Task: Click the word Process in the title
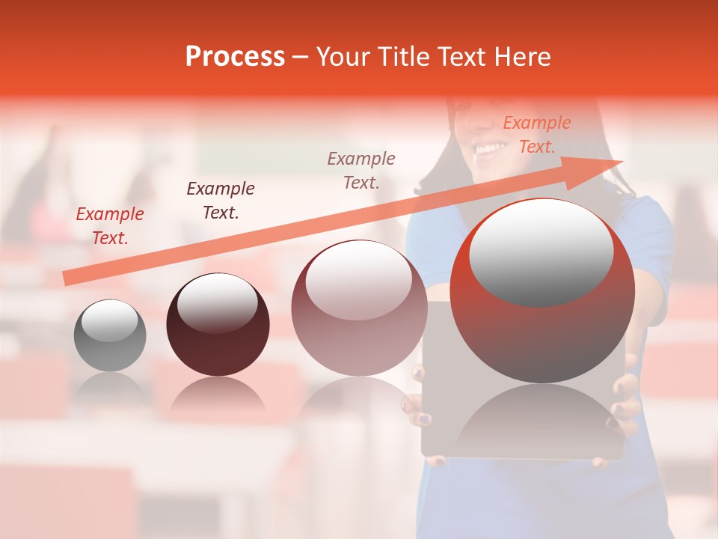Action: click(x=235, y=57)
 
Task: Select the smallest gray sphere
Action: click(x=110, y=336)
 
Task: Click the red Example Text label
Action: click(x=110, y=225)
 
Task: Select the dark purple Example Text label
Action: click(x=220, y=200)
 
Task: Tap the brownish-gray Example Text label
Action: click(x=361, y=170)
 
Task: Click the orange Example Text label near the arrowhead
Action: click(x=536, y=135)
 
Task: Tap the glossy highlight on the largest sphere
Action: click(x=541, y=251)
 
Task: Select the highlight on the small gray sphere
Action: click(x=109, y=321)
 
